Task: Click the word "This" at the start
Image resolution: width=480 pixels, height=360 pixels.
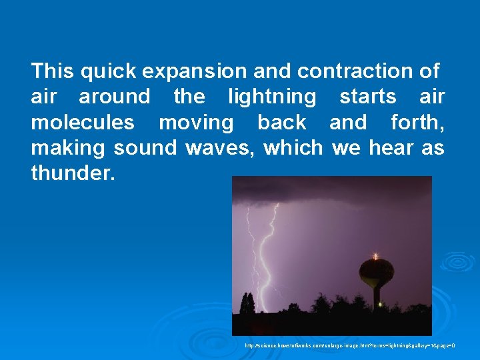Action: tap(52, 71)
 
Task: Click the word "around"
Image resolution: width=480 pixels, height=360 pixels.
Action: tap(115, 97)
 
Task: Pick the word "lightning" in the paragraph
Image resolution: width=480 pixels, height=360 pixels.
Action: tap(272, 97)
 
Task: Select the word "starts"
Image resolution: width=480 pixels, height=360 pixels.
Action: tap(367, 97)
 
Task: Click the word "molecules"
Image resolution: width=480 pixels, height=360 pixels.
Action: tap(82, 123)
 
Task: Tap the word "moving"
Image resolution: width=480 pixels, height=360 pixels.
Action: tap(196, 123)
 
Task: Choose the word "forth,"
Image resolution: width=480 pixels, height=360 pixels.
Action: tap(417, 123)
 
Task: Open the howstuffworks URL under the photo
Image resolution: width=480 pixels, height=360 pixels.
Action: tap(349, 346)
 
